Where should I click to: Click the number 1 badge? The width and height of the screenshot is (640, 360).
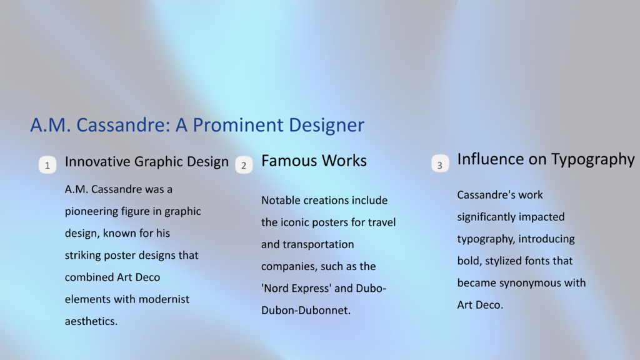click(x=47, y=165)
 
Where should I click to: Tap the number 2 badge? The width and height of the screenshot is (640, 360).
click(x=244, y=165)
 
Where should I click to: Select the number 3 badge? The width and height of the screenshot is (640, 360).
click(x=440, y=163)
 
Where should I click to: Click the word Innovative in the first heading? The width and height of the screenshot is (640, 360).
click(x=97, y=162)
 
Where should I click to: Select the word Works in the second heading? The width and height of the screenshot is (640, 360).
click(x=344, y=161)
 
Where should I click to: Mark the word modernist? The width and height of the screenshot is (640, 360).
click(x=164, y=299)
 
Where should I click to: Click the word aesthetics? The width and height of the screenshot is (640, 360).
click(x=91, y=321)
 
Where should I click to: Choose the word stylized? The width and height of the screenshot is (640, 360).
click(x=504, y=261)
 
